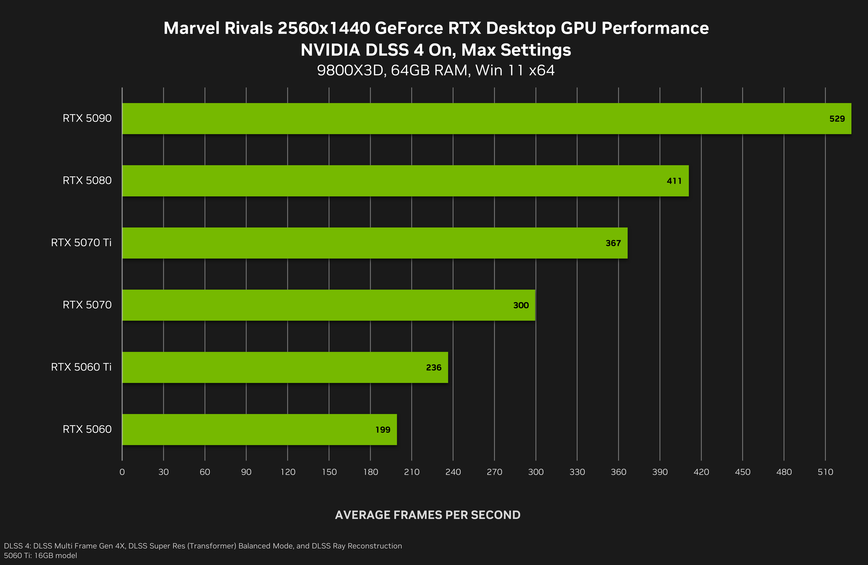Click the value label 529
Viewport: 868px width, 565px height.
837,119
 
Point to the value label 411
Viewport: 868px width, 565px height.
674,181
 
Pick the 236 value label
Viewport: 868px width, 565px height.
434,368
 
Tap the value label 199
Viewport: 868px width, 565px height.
383,430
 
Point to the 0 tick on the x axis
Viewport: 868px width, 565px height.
122,472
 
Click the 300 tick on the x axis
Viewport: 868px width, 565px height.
536,472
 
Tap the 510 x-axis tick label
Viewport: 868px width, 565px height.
825,472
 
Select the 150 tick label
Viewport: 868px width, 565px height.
329,472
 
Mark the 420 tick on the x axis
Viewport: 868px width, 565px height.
701,472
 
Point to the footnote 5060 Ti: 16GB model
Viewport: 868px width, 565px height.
40,556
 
